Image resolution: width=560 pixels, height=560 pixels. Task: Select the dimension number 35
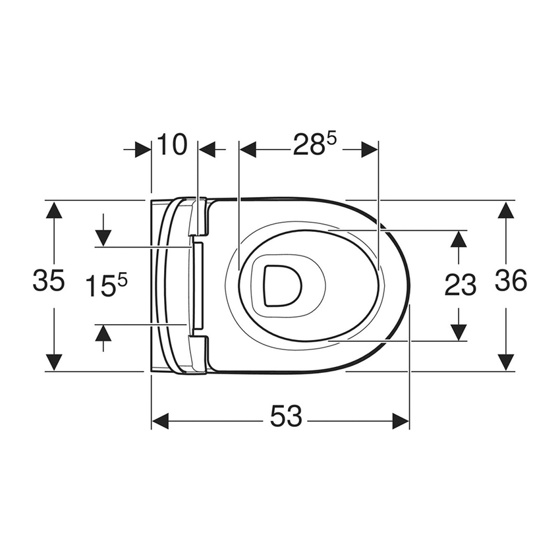coord(49,281)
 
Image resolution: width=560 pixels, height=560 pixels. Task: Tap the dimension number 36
coord(511,281)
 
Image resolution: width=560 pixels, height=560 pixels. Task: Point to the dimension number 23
coord(460,285)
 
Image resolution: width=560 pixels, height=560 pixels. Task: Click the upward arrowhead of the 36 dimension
coord(505,211)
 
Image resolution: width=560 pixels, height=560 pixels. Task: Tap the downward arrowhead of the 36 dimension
coord(505,361)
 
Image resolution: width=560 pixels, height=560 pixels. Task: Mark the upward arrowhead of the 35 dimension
coord(54,211)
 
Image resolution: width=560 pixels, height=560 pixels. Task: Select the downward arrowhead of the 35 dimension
coord(54,361)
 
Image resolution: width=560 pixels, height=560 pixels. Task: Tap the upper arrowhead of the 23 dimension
coord(459,238)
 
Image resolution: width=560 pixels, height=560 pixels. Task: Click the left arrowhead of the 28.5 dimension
coord(248,150)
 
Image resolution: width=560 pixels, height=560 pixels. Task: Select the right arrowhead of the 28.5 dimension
coord(369,150)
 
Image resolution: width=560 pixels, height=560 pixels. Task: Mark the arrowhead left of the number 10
coord(142,150)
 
